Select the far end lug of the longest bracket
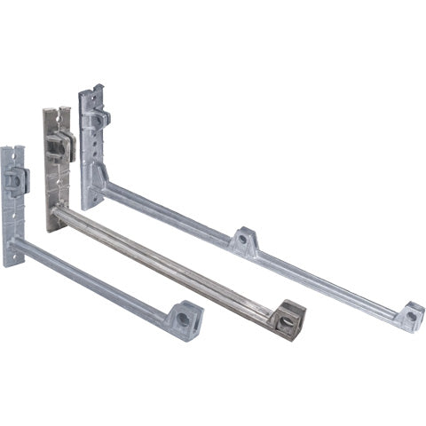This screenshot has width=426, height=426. click(x=409, y=316)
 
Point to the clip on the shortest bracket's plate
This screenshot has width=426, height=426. click(x=17, y=181)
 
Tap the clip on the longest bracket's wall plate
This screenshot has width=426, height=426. click(x=98, y=117)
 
